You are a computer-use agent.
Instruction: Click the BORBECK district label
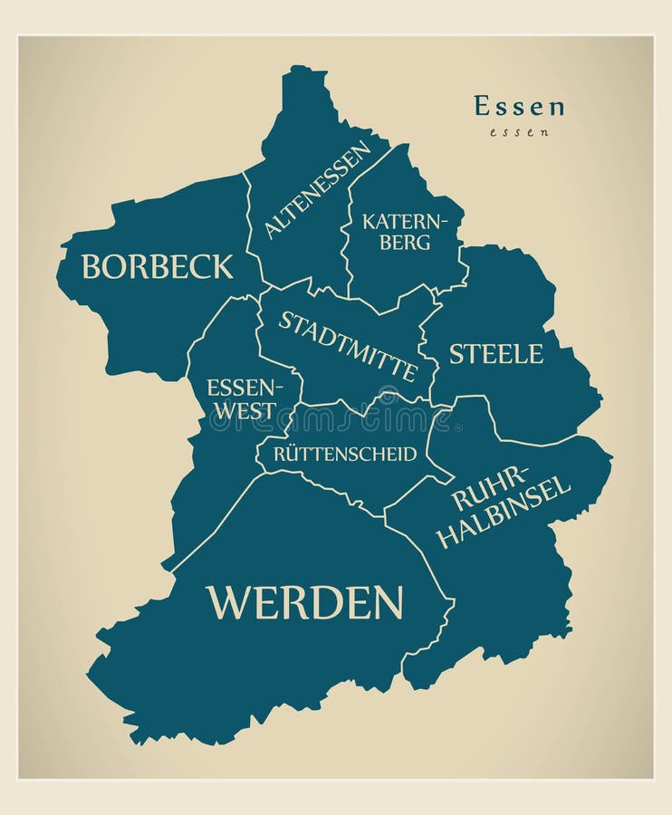click(157, 266)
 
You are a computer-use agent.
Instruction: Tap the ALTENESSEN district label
click(317, 189)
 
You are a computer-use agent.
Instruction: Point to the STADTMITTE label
click(348, 347)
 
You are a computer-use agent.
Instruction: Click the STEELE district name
click(496, 354)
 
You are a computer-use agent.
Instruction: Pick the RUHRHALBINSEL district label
click(504, 506)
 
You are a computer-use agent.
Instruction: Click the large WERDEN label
click(304, 602)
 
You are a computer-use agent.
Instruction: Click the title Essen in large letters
click(519, 106)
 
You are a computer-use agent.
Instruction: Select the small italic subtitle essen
click(519, 132)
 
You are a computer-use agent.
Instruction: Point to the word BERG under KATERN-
click(405, 242)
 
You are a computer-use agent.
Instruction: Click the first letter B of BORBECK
click(91, 266)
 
